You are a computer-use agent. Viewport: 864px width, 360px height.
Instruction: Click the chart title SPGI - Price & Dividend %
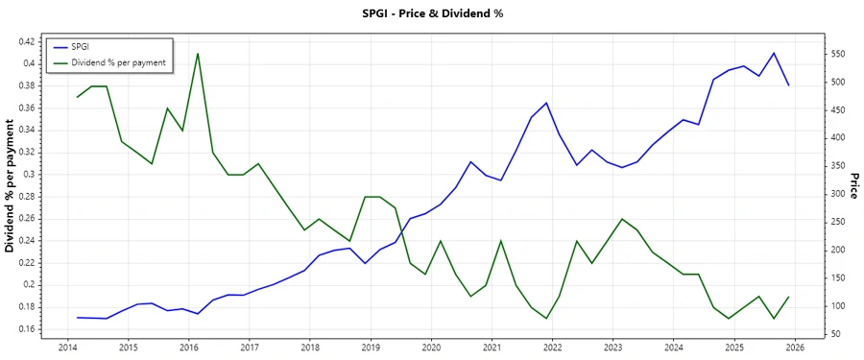pos(431,13)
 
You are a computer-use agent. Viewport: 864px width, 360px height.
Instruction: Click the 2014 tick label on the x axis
pos(67,347)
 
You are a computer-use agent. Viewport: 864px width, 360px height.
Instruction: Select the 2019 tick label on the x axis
pos(371,347)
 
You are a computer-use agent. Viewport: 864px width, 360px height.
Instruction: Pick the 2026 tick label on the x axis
pos(794,347)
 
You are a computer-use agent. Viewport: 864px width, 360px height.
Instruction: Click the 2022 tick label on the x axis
pos(552,347)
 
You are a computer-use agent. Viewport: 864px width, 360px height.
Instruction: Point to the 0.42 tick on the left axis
pos(26,41)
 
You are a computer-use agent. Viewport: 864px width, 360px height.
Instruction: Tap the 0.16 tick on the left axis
pos(26,329)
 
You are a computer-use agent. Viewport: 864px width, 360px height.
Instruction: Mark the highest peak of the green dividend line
pos(198,54)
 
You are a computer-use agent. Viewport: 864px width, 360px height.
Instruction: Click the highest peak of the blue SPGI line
pos(774,53)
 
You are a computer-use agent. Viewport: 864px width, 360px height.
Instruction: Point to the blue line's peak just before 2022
pos(546,103)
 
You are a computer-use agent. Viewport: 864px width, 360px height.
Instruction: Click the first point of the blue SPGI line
pos(77,317)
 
